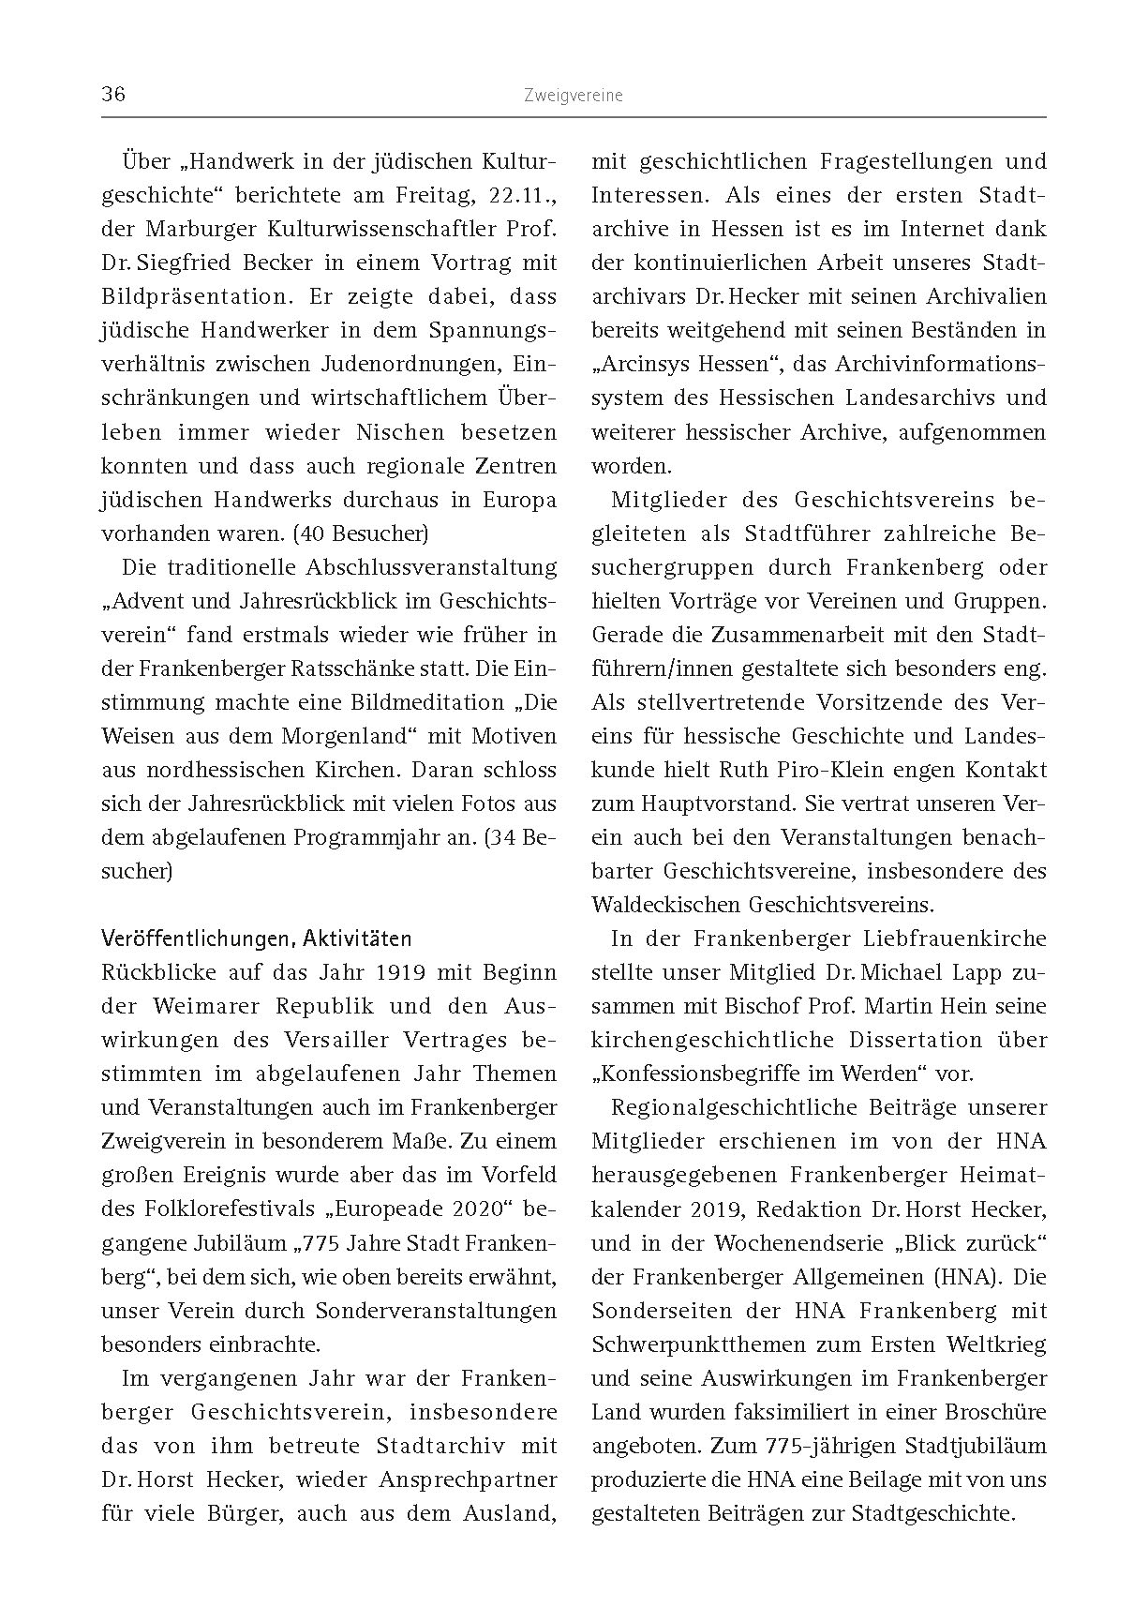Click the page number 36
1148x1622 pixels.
pyautogui.click(x=113, y=95)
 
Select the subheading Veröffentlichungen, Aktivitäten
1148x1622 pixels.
pyautogui.click(x=256, y=939)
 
